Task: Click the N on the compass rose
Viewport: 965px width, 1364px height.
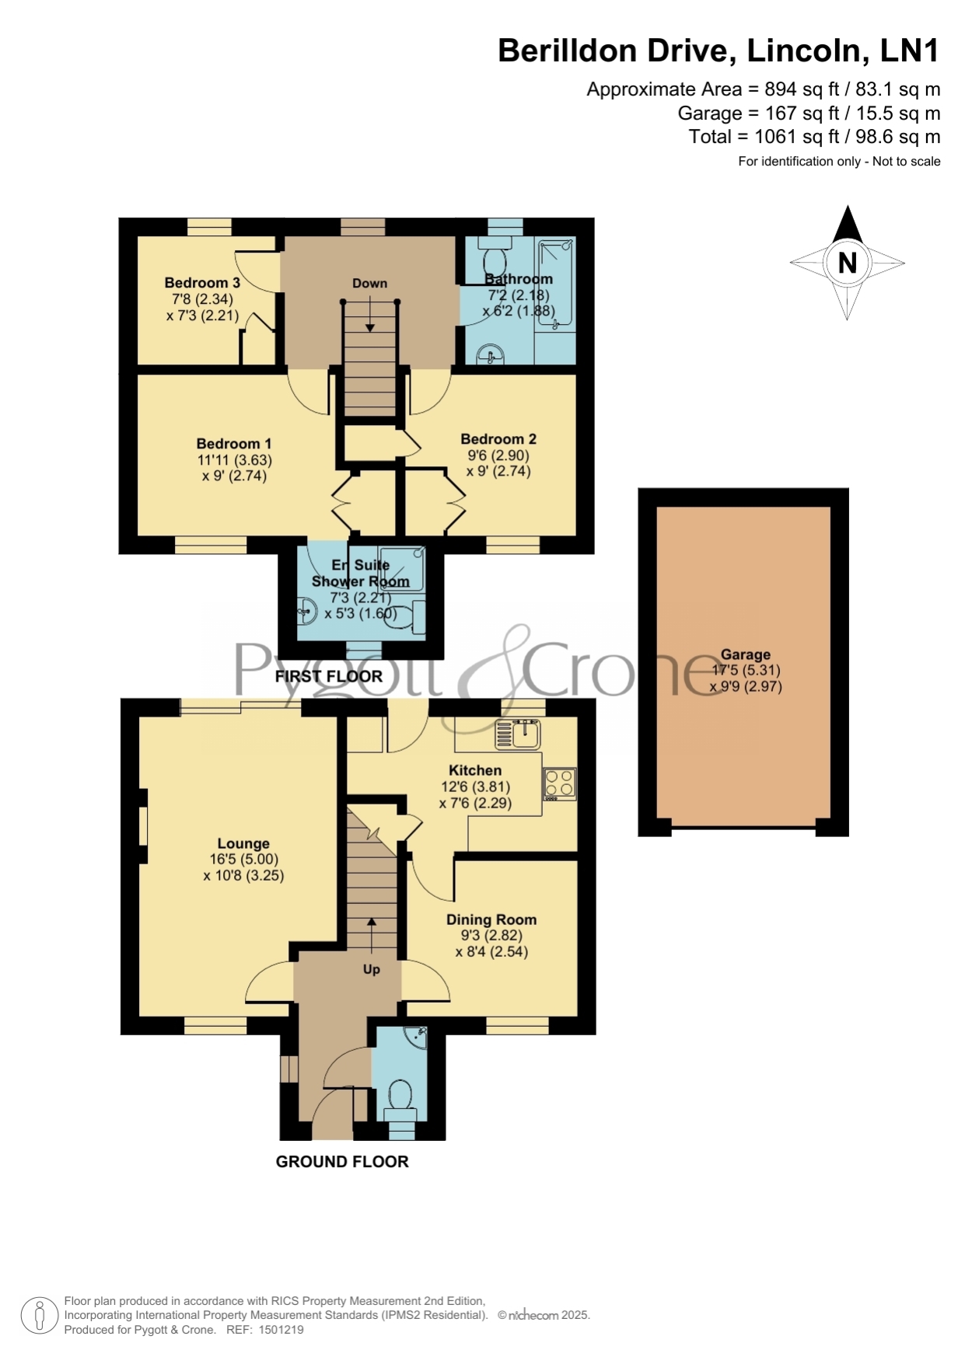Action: click(x=848, y=263)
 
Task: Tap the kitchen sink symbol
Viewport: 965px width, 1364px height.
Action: click(x=518, y=734)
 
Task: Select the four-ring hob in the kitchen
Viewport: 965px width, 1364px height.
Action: click(x=560, y=783)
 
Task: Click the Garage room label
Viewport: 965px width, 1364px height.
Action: click(x=745, y=654)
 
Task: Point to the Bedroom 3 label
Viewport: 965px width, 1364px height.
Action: click(x=202, y=283)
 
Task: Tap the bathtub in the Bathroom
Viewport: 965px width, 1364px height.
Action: click(x=556, y=283)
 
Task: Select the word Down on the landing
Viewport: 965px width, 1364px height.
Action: click(x=369, y=284)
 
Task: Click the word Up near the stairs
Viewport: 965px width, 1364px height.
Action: click(x=372, y=969)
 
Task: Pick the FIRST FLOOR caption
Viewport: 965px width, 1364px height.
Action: click(x=329, y=676)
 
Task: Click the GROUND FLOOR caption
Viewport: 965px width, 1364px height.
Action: click(x=342, y=1161)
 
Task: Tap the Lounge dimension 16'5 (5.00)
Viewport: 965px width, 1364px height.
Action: click(x=243, y=860)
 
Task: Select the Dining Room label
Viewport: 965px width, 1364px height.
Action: click(x=491, y=919)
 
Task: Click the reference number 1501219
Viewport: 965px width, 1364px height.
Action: click(x=280, y=1330)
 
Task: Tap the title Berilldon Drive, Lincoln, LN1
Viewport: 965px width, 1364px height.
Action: click(x=719, y=51)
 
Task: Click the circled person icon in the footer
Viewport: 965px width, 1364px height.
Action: click(x=39, y=1316)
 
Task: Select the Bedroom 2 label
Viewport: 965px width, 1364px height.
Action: click(x=498, y=439)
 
